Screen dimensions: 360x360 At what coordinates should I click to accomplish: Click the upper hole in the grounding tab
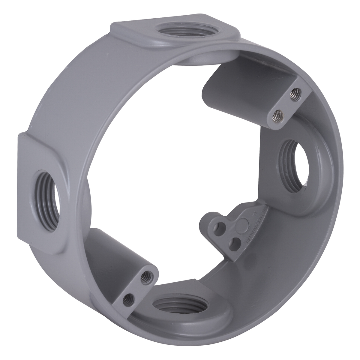[x=222, y=225]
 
